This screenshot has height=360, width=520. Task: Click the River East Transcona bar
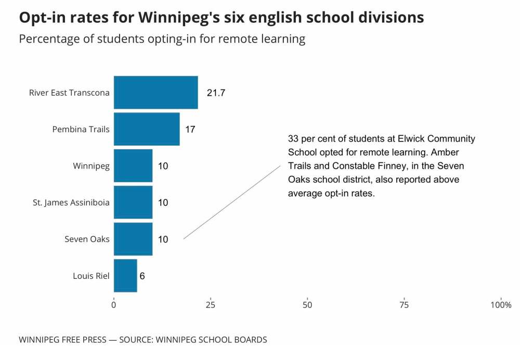pyautogui.click(x=155, y=93)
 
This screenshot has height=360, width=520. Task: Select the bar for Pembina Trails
pyautogui.click(x=147, y=129)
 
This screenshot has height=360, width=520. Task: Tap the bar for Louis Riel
pyautogui.click(x=125, y=276)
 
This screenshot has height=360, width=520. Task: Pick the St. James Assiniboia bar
pyautogui.click(x=133, y=202)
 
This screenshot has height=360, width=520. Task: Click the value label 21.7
pyautogui.click(x=216, y=93)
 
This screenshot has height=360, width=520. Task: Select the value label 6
pyautogui.click(x=142, y=276)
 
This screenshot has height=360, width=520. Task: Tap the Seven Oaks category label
pyautogui.click(x=87, y=239)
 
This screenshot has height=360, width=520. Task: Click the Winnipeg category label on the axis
pyautogui.click(x=91, y=166)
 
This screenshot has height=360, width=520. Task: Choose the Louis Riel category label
pyautogui.click(x=91, y=276)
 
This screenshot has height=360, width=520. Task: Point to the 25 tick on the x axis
pyautogui.click(x=211, y=305)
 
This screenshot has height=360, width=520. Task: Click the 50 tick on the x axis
pyautogui.click(x=307, y=305)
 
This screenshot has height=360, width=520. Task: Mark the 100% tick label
pyautogui.click(x=501, y=305)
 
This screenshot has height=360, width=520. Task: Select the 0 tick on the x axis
pyautogui.click(x=114, y=305)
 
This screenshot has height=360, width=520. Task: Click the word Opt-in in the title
pyautogui.click(x=40, y=18)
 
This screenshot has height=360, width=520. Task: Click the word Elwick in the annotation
pyautogui.click(x=410, y=139)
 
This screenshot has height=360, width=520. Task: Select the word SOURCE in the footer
pyautogui.click(x=136, y=340)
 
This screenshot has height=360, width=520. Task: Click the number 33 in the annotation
pyautogui.click(x=293, y=139)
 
